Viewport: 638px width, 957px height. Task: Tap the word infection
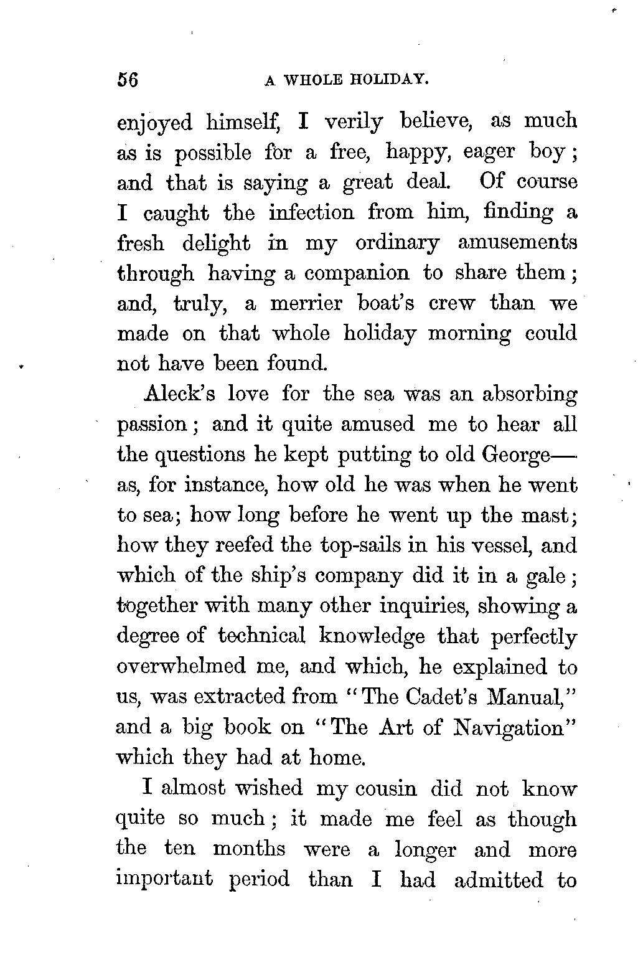(312, 213)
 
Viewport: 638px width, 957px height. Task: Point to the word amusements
(517, 243)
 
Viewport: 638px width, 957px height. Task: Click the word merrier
(306, 303)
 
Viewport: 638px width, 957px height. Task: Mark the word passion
(151, 425)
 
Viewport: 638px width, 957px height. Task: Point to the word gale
(547, 576)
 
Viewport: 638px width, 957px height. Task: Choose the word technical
(262, 636)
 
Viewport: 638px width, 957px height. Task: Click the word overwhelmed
(181, 666)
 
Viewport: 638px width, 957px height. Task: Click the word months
(249, 849)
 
